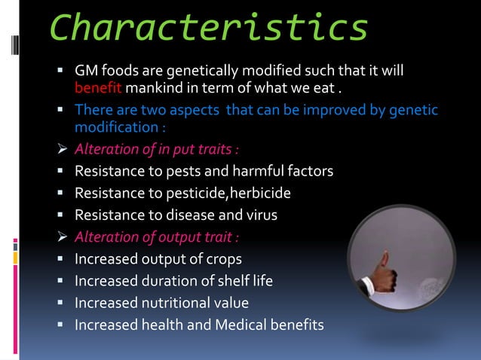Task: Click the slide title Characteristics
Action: coord(209,28)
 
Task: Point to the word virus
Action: coord(259,215)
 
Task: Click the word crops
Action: coord(222,259)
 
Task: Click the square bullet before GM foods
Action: coord(64,71)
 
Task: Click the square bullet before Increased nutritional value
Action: coord(64,304)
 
